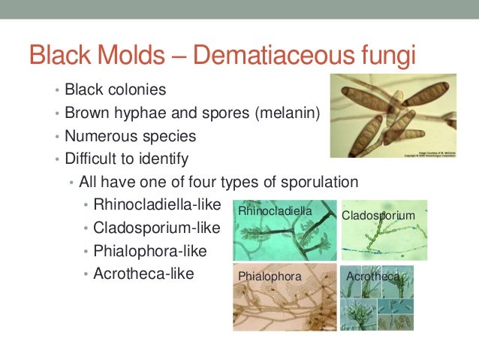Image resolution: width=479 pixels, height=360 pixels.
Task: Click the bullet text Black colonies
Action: coord(115,90)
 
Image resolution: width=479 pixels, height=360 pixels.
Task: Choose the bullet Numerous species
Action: coord(130,137)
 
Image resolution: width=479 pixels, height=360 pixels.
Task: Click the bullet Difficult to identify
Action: coord(126,159)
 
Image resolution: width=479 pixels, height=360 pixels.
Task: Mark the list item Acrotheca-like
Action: coord(143,274)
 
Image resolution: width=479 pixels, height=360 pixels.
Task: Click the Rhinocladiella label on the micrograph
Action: coord(274,212)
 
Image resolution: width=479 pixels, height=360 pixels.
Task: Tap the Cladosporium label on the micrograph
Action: coord(378,216)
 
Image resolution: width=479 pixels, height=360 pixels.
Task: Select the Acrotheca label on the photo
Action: coord(373,277)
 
